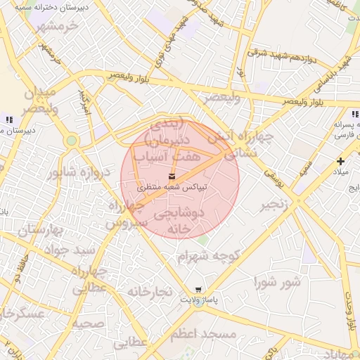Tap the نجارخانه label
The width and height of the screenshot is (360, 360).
point(150,291)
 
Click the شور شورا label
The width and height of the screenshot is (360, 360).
point(277,283)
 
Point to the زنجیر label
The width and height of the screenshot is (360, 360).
point(275,205)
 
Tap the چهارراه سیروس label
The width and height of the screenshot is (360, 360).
point(127,213)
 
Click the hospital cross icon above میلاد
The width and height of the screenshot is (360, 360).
point(341,161)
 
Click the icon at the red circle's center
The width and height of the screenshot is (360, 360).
point(173,176)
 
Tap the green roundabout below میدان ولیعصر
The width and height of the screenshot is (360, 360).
point(71,141)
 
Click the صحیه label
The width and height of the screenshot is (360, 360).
point(89,324)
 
